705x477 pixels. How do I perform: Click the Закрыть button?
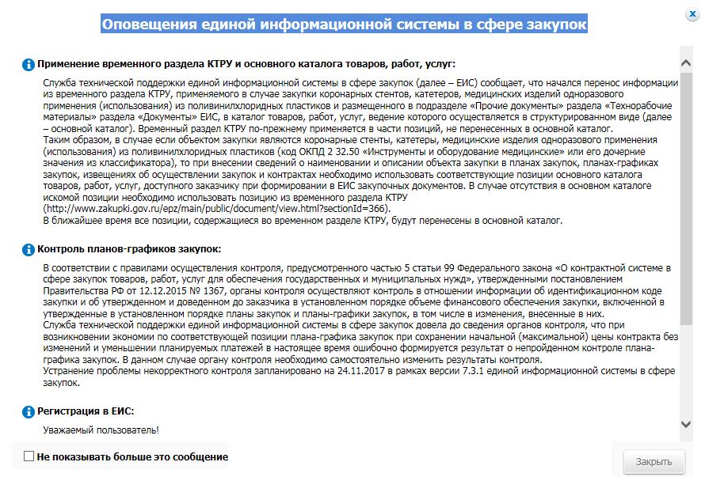coord(654,462)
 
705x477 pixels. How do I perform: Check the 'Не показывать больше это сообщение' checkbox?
coord(29,456)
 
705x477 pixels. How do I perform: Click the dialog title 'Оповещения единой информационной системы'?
coord(345,24)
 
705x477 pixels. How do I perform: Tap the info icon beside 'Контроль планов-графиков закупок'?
coord(29,249)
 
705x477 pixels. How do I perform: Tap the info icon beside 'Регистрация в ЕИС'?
coord(29,411)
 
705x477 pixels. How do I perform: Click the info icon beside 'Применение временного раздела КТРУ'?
coord(29,64)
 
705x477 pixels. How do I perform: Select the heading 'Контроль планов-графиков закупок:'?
coord(129,249)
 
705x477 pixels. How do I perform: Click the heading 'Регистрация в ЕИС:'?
coord(86,411)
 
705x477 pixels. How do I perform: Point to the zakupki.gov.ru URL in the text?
coord(217,209)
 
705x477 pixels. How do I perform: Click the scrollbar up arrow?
coord(687,61)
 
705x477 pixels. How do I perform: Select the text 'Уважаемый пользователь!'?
coord(101,430)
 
